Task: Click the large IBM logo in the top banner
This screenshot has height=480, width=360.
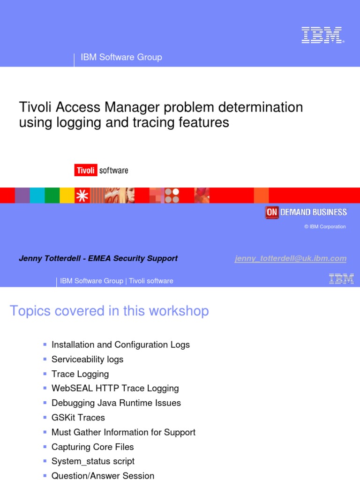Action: (322, 35)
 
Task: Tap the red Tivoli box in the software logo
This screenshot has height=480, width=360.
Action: (85, 170)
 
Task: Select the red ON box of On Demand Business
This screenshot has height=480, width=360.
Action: (272, 212)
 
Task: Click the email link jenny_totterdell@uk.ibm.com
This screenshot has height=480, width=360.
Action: (291, 258)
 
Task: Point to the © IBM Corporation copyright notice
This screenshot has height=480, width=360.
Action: (325, 227)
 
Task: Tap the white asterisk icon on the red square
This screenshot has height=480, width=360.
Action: (82, 195)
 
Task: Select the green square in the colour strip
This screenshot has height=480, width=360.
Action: (52, 195)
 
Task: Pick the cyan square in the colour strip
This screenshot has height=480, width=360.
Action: (37, 195)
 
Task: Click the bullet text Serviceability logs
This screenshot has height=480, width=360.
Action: (87, 360)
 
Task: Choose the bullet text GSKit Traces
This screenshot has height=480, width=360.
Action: (78, 418)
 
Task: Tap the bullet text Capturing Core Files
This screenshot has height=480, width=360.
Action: (92, 447)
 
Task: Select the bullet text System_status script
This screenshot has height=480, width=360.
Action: (93, 461)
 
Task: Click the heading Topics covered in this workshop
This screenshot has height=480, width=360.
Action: (109, 311)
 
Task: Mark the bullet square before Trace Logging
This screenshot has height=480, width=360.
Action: (45, 374)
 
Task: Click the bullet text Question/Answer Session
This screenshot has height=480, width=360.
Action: (103, 475)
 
